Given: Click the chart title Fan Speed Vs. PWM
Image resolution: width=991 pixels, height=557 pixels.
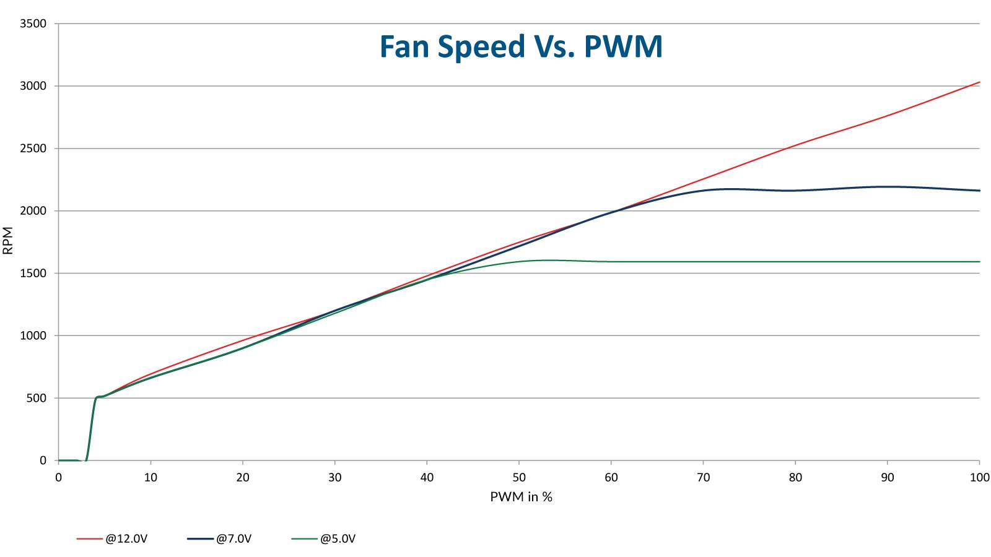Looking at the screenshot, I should point(521,47).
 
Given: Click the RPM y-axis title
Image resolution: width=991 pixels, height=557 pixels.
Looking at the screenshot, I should point(8,241).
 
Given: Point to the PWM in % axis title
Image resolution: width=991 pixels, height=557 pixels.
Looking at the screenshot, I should point(521,497).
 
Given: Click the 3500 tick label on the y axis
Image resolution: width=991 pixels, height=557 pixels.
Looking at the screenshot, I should point(33,24).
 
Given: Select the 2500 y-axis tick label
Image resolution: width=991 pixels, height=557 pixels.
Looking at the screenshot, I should point(33,149).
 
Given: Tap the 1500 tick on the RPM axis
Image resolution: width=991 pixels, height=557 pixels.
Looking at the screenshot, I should point(33,273).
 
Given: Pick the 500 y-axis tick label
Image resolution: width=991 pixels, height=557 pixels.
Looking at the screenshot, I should point(37,398).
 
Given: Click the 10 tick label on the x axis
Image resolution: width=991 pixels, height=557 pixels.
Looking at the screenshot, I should point(151,477).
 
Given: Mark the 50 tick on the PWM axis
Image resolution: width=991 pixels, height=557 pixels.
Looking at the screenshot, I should point(519,477).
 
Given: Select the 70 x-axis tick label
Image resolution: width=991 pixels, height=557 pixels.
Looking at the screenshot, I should point(703,477).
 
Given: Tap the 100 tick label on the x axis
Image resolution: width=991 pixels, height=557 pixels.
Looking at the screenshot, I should point(979,477).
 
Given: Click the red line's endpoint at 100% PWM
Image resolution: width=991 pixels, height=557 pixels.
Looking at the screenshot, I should point(979,82).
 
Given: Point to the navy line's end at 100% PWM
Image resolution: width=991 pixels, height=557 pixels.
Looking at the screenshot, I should point(979,191).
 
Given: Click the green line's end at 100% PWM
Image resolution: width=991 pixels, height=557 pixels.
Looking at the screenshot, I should point(979,262).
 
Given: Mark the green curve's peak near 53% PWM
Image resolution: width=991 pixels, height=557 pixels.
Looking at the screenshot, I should point(547,260).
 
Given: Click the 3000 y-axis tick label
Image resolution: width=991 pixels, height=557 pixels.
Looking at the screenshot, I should point(33,86).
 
